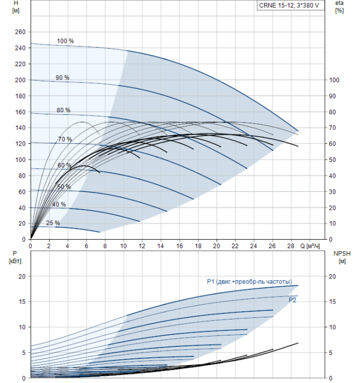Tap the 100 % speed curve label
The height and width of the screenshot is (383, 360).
tap(65, 41)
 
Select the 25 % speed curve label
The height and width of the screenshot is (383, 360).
tap(53, 223)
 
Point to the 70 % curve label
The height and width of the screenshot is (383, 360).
tap(65, 140)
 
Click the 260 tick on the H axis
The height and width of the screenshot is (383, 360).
tap(20, 32)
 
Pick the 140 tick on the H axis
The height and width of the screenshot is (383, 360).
tap(20, 127)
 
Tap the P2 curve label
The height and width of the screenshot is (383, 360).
tap(293, 300)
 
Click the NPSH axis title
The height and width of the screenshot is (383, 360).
tap(342, 253)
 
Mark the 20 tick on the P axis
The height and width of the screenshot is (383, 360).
tap(22, 276)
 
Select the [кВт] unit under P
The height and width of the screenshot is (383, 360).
tap(15, 260)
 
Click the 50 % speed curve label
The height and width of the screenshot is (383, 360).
tap(64, 187)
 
